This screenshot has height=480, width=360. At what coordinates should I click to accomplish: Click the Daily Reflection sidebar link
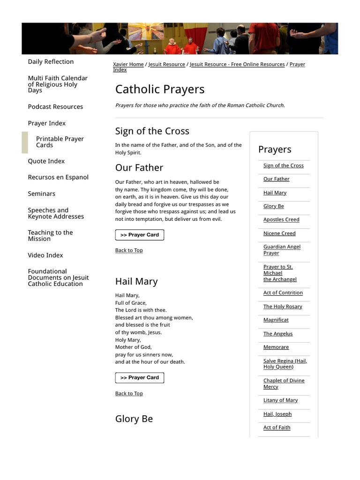click(x=51, y=62)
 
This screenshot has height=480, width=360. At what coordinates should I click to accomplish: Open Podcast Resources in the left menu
click(x=55, y=107)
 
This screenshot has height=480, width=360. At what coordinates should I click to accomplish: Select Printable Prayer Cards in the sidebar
click(x=60, y=142)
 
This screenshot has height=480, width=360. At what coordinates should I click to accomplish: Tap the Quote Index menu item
click(x=46, y=161)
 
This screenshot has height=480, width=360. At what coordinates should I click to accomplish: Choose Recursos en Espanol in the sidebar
click(x=58, y=178)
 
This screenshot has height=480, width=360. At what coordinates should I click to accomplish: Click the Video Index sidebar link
click(x=45, y=255)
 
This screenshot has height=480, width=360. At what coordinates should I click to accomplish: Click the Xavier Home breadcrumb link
click(x=128, y=64)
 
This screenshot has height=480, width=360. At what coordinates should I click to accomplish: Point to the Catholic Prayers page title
click(x=160, y=89)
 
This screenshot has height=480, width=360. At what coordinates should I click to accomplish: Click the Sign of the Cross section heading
click(x=152, y=131)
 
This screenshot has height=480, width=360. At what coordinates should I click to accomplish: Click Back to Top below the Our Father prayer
click(x=129, y=250)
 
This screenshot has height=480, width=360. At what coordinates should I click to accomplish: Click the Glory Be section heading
click(x=134, y=419)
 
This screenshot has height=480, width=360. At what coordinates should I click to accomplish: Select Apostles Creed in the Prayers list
click(x=281, y=220)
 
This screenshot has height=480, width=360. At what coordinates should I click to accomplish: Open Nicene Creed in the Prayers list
click(x=279, y=233)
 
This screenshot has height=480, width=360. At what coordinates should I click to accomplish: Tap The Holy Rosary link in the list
click(x=283, y=307)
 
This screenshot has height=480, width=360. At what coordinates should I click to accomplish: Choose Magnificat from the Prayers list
click(x=276, y=320)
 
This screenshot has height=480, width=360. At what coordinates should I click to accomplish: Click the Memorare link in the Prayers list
click(x=276, y=347)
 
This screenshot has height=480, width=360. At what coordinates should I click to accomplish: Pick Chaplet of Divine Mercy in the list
click(x=284, y=384)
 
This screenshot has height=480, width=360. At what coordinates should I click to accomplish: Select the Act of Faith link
click(x=277, y=427)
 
